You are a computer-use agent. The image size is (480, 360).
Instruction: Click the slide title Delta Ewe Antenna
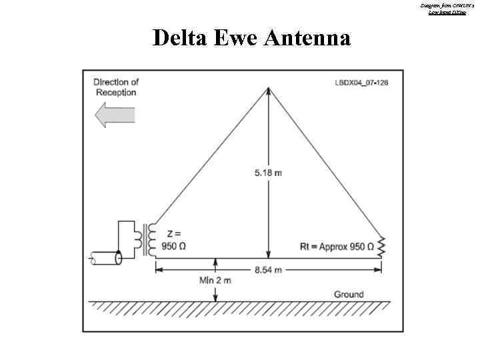point(251,38)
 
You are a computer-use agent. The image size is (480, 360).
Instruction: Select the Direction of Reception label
point(116,87)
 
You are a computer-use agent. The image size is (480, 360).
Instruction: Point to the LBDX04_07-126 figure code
point(361,83)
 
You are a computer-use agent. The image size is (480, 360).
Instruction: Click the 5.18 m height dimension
point(268,173)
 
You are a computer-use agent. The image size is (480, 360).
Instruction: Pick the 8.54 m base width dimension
point(268,269)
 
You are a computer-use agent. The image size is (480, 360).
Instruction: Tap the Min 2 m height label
point(215,281)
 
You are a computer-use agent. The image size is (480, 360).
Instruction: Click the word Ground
point(349,294)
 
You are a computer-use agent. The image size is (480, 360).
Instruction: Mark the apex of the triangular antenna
point(268,89)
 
